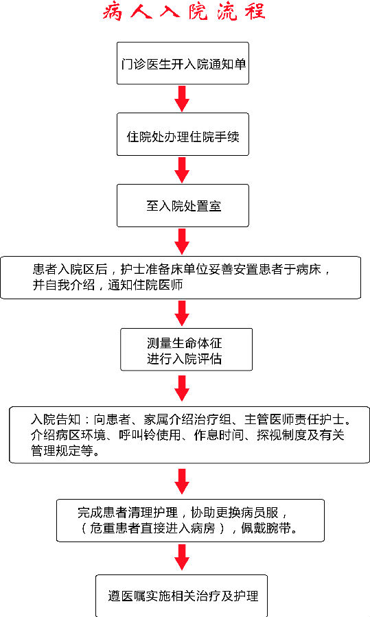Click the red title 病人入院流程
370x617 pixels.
pyautogui.click(x=184, y=12)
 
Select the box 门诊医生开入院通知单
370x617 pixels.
pyautogui.click(x=183, y=63)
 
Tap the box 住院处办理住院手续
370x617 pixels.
pyautogui.click(x=183, y=135)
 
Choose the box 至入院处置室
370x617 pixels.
pyautogui.click(x=183, y=205)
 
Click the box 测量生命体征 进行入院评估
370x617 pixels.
pyautogui.click(x=186, y=349)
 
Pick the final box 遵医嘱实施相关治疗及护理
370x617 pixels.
pyautogui.click(x=181, y=596)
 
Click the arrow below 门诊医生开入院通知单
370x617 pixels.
pyautogui.click(x=182, y=99)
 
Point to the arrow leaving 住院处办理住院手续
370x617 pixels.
pyautogui.click(x=182, y=170)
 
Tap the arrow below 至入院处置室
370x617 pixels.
pyautogui.click(x=182, y=242)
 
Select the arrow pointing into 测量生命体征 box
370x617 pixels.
pyautogui.click(x=182, y=313)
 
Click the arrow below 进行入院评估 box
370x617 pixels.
pyautogui.click(x=182, y=388)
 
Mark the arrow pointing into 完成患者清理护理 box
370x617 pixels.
pyautogui.click(x=182, y=481)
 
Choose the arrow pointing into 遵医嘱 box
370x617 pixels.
pyautogui.click(x=182, y=557)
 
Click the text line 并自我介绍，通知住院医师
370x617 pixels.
pyautogui.click(x=108, y=285)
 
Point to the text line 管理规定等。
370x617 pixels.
pyautogui.click(x=65, y=450)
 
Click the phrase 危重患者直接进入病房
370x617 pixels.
pyautogui.click(x=152, y=528)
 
